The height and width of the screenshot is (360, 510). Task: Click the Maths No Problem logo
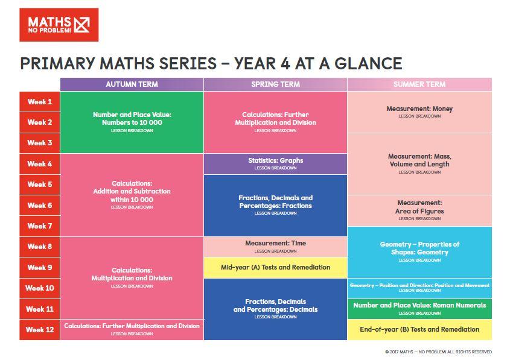coord(59,25)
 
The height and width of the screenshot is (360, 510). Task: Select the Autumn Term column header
coord(132,84)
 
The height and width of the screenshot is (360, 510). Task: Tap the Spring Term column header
coord(275,84)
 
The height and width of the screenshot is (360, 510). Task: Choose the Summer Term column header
coord(419,84)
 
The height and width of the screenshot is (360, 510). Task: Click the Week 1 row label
coord(40,102)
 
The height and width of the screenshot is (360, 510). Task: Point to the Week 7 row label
coord(40,226)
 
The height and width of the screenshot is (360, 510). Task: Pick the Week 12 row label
coord(40,329)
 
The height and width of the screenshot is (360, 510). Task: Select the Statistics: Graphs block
coord(275,164)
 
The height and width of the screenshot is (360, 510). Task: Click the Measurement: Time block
coord(275,247)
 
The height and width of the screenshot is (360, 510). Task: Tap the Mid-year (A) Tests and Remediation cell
coord(275,267)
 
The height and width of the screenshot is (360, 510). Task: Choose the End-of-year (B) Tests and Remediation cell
coord(419,329)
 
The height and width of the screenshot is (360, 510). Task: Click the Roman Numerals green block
coord(419,309)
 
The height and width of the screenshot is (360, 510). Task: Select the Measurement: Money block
coord(419,112)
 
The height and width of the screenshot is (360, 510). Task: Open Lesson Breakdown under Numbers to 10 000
coord(132,131)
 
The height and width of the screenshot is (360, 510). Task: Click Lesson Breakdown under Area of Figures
coord(419,219)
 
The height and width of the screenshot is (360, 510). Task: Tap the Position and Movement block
coord(419,288)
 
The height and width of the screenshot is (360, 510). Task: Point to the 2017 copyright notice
coord(438,352)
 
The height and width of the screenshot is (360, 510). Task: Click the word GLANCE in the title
coord(369,63)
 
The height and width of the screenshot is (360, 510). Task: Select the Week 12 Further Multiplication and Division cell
coord(132,329)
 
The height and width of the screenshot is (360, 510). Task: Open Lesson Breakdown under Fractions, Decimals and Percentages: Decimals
coord(275,317)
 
